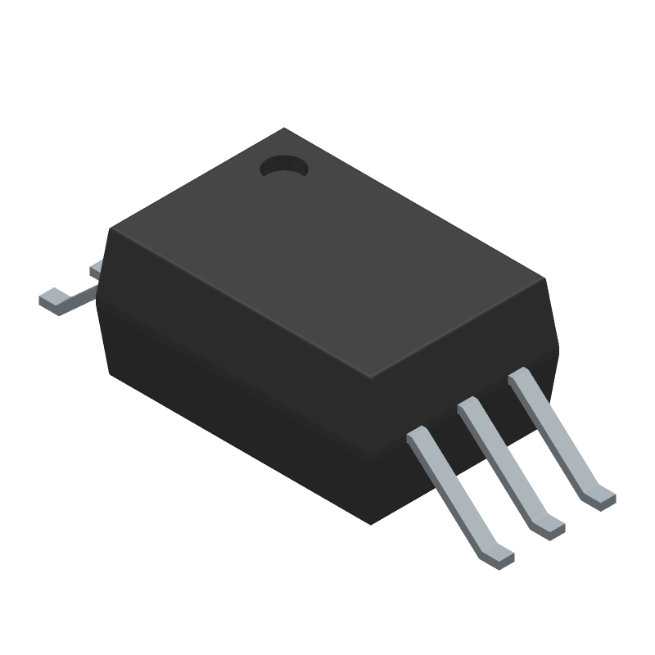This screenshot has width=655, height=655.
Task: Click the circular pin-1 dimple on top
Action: point(283,167)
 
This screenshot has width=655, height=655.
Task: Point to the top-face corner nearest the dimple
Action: point(283,129)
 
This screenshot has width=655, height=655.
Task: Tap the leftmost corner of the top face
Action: point(107,232)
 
